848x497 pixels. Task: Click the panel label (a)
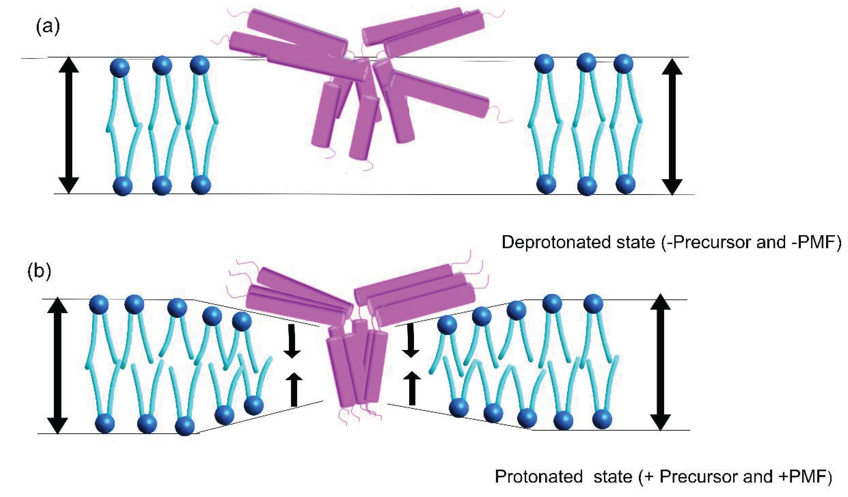[48, 26]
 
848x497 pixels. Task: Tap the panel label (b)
[39, 271]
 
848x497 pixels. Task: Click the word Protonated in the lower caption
[538, 477]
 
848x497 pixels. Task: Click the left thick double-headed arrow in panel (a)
[69, 125]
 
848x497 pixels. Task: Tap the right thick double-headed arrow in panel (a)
[672, 127]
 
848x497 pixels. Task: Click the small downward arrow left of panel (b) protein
[292, 341]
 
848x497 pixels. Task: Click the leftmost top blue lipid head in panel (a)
[120, 68]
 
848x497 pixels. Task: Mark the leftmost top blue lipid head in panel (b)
[99, 305]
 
